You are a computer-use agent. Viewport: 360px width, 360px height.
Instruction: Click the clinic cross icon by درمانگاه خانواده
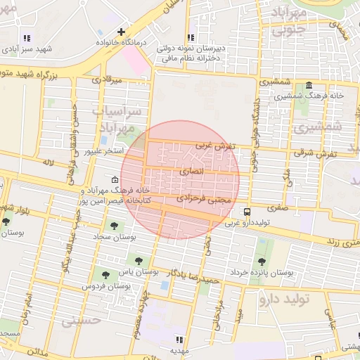122,32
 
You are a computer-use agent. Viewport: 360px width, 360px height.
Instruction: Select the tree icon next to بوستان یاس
138,259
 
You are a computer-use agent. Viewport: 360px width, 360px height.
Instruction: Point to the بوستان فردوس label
107,287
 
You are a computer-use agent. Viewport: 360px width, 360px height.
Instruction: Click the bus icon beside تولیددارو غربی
247,212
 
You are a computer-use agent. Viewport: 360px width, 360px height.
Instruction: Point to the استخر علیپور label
104,151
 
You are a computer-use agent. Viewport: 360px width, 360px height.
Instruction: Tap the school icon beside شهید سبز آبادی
27,38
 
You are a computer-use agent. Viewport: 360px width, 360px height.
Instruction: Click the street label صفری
277,208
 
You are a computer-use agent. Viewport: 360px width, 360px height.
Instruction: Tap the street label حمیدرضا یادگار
200,275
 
